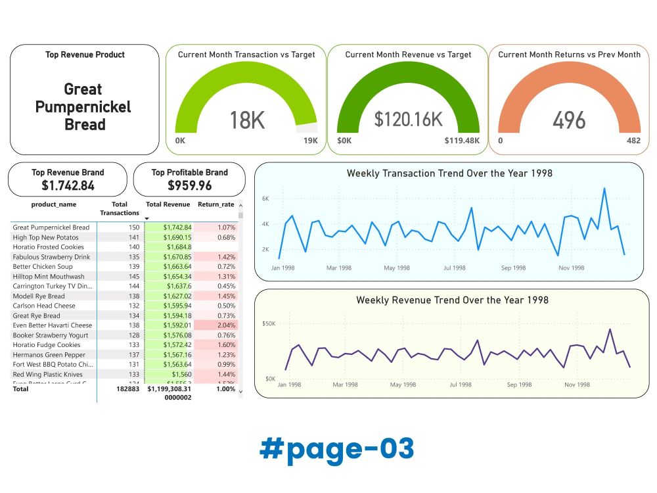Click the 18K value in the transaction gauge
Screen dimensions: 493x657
247,120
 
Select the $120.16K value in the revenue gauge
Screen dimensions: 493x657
408,119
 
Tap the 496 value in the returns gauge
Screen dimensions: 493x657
569,120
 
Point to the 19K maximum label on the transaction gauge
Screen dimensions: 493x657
310,141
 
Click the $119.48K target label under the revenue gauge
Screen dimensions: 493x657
462,141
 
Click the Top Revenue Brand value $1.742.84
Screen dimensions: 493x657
67,186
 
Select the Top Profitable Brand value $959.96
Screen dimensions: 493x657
189,186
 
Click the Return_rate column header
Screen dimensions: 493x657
215,204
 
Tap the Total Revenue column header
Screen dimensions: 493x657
168,204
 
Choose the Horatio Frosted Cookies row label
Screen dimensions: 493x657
49,247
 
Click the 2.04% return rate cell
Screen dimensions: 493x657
226,325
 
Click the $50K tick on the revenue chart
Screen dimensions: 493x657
269,323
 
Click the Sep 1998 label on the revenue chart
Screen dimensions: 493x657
516,385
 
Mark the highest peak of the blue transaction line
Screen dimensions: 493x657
604,188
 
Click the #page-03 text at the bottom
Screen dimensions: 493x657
336,448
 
